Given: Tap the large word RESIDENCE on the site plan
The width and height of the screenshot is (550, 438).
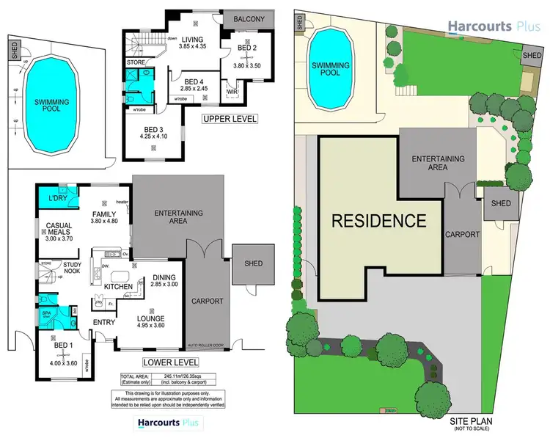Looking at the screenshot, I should (378, 220).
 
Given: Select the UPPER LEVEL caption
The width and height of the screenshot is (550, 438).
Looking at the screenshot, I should (230, 118).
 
